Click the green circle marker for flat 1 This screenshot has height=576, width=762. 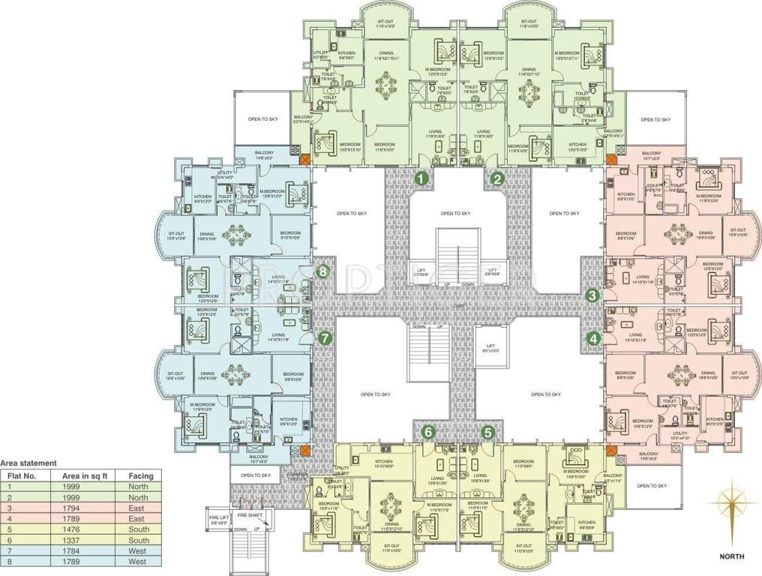pos(422,178)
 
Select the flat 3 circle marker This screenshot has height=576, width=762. pos(592,295)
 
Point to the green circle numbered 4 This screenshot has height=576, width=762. pos(593,338)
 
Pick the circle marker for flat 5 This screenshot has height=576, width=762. pos(488,432)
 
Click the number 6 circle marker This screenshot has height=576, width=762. pos(428,432)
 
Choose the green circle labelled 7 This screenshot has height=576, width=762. pos(324,338)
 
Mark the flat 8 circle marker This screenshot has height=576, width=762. pos(323,271)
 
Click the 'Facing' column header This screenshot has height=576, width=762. pos(141,475)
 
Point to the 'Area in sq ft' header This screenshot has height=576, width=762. pos(77,475)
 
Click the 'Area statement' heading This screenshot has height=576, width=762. pos(27,464)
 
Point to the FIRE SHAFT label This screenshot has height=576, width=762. pos(250,514)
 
